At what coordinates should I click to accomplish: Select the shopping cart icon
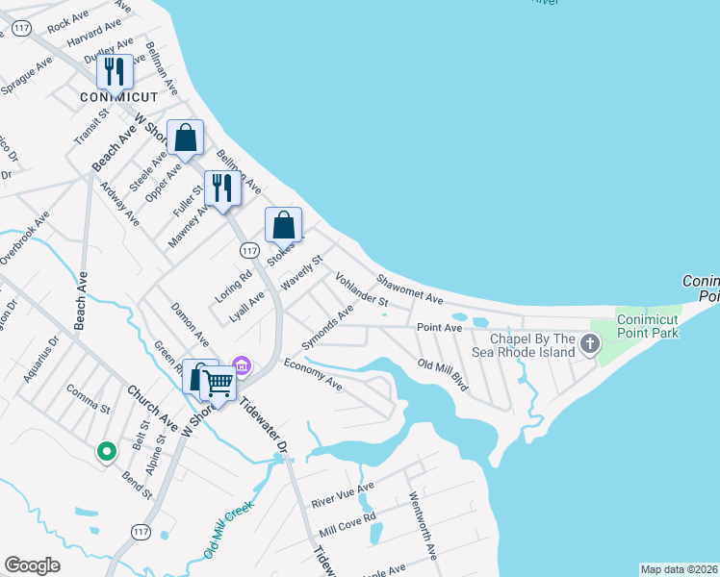219,383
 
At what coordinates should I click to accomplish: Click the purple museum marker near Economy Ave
243,365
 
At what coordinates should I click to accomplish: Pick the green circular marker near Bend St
106,450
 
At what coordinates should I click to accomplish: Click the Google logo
33,565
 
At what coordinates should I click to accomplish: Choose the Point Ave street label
440,328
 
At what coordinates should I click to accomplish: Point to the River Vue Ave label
342,496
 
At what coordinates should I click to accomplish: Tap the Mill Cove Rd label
347,524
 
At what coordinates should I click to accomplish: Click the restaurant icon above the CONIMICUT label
115,72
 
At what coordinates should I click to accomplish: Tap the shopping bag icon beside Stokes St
284,227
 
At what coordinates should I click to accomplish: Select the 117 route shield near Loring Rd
249,250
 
